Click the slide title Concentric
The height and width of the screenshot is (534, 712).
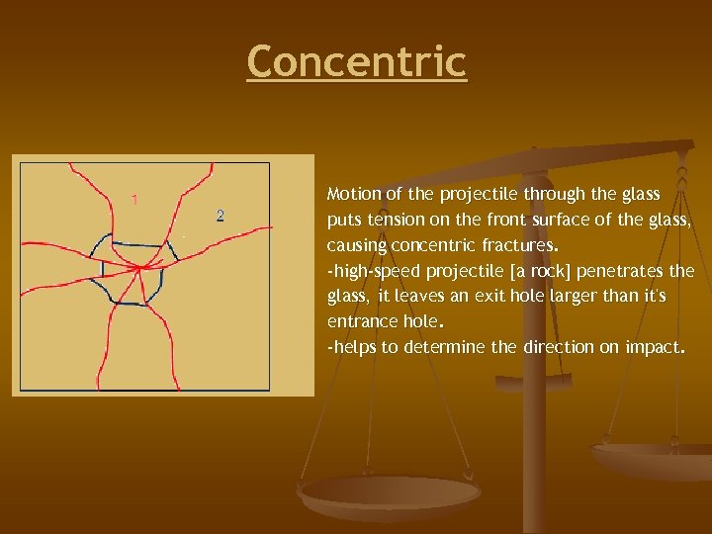[x=356, y=61]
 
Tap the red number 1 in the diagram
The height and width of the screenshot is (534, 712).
[x=134, y=199]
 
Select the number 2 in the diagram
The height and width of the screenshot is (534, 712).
[x=220, y=216]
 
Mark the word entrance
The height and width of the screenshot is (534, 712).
[x=359, y=322]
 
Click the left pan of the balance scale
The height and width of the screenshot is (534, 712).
[x=390, y=494]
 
